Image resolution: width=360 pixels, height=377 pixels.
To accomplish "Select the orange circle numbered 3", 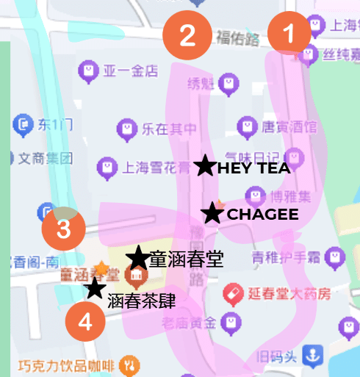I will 63,229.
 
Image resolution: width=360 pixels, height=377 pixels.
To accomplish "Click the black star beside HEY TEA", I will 205,167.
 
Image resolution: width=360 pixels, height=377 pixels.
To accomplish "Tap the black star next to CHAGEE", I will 213,214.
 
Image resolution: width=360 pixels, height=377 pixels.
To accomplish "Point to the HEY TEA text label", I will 253,168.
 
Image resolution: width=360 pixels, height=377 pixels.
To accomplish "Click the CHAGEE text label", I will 262,215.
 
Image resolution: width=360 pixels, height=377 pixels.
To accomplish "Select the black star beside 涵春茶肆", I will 94,288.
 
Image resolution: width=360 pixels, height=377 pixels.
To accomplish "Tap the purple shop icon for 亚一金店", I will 87,71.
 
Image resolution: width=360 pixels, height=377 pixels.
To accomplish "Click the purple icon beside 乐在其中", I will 127,130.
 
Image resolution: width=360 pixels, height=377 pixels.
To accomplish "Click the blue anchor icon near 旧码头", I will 314,356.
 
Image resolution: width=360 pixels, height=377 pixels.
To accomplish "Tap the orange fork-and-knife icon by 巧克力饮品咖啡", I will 129,363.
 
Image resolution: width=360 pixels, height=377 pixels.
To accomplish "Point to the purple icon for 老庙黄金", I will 231,321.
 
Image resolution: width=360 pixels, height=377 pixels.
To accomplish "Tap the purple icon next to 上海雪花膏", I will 108,168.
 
